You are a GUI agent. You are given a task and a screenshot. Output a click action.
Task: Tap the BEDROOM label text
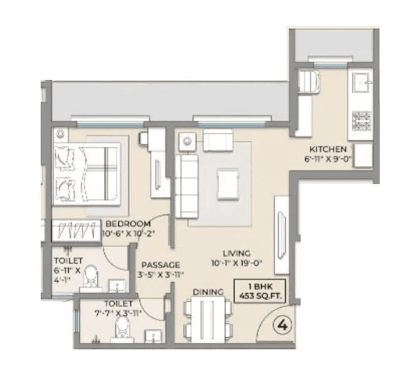pyautogui.click(x=128, y=223)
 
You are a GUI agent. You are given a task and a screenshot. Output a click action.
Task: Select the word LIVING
pyautogui.click(x=236, y=253)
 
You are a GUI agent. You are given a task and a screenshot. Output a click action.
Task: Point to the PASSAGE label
pyautogui.click(x=161, y=265)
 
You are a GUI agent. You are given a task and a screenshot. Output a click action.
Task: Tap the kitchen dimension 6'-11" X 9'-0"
pyautogui.click(x=330, y=157)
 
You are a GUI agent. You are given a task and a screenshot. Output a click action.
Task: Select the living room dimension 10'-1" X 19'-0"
pyautogui.click(x=236, y=263)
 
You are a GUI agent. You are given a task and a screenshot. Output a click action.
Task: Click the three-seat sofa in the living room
pyautogui.click(x=186, y=186)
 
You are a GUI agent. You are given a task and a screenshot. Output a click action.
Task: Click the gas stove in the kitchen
pyautogui.click(x=361, y=120)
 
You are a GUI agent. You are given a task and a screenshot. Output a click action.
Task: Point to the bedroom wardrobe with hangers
pyautogui.click(x=78, y=229)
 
